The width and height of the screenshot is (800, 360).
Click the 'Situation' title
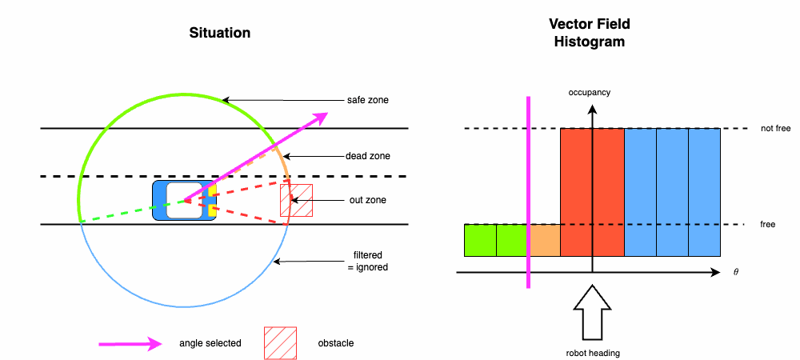click(x=220, y=33)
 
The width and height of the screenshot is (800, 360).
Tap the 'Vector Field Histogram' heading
click(x=590, y=33)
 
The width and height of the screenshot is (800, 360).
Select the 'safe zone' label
click(x=368, y=100)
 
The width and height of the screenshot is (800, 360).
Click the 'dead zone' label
click(x=367, y=156)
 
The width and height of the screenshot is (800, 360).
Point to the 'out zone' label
click(x=366, y=200)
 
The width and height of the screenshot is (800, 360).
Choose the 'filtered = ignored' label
click(x=367, y=262)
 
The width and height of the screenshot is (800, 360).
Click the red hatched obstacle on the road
click(x=296, y=199)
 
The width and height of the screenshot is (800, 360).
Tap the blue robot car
click(x=184, y=200)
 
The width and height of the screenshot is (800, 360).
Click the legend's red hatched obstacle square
click(x=280, y=342)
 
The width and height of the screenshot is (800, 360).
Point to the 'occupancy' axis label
click(x=590, y=92)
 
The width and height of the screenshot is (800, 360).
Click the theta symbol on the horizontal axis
click(x=735, y=273)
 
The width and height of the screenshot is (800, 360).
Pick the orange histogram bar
click(x=544, y=240)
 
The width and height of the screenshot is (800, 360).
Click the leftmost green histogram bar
click(x=480, y=240)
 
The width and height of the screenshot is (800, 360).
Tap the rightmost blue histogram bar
click(x=704, y=192)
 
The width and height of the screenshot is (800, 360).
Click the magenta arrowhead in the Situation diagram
click(x=320, y=116)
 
